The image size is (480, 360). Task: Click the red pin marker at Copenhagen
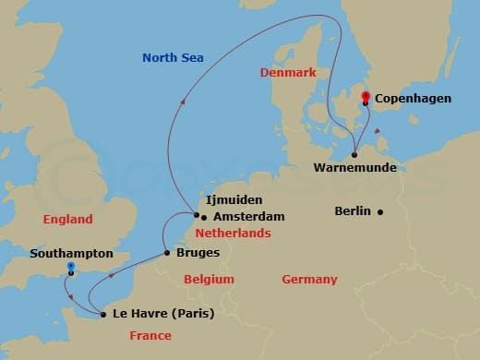click(366, 97)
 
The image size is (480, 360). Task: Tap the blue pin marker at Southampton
click(70, 269)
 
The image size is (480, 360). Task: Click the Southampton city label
click(71, 252)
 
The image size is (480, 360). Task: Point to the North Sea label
click(173, 58)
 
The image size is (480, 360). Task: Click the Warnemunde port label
click(355, 168)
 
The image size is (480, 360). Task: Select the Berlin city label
click(353, 210)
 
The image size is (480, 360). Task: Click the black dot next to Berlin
click(380, 211)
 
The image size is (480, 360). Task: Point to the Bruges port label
click(198, 252)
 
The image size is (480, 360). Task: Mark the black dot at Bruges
click(166, 252)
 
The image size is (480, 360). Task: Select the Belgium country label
click(208, 279)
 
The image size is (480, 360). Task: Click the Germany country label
click(309, 279)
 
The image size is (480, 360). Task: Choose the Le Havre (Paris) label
click(162, 314)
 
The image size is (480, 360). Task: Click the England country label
click(67, 220)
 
